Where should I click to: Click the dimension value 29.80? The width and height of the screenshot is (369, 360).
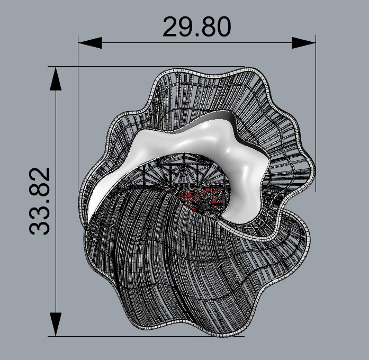tap(196, 27)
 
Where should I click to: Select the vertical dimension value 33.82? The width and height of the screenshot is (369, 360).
tap(40, 201)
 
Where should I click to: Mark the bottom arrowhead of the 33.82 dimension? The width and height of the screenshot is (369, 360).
tap(56, 323)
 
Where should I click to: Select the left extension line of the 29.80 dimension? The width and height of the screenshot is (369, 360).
tap(78, 106)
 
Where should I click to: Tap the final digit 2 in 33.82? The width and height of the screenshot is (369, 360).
tap(40, 175)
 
